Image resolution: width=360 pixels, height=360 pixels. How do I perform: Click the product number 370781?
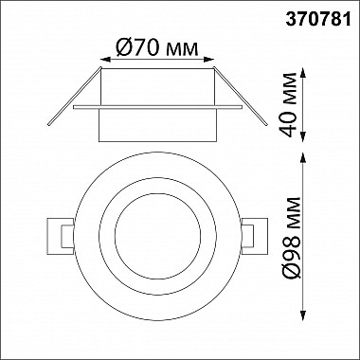(x=318, y=20)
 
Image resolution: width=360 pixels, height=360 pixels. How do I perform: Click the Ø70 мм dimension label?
(x=157, y=47)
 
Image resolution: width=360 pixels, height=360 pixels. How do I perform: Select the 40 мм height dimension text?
(x=290, y=105)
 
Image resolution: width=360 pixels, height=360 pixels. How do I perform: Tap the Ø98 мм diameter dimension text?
(x=290, y=238)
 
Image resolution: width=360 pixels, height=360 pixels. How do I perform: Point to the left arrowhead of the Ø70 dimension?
(x=105, y=60)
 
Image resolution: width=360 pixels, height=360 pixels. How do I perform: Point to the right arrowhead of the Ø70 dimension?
(x=208, y=60)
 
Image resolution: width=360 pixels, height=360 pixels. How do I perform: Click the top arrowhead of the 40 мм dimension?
(x=303, y=73)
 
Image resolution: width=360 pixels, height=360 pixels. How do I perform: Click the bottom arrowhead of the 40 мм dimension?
(x=303, y=136)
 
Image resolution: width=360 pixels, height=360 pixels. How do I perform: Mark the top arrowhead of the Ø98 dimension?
(x=303, y=157)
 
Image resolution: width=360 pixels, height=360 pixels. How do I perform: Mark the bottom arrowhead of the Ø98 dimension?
(x=303, y=315)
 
